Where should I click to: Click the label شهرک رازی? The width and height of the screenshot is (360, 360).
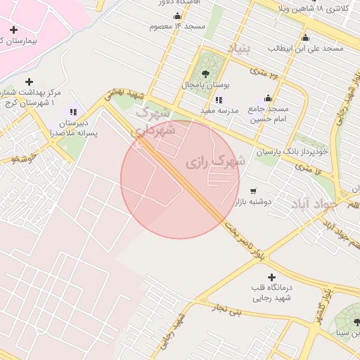(x=216, y=162)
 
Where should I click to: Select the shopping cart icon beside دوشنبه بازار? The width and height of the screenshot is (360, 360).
(x=253, y=191)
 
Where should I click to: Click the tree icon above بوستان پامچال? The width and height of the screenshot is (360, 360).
(x=205, y=73)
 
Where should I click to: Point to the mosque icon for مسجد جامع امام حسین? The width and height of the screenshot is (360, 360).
(x=267, y=98)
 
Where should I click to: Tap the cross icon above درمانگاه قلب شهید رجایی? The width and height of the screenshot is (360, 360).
(x=271, y=278)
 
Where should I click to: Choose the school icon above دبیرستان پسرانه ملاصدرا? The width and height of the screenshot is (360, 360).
(x=72, y=112)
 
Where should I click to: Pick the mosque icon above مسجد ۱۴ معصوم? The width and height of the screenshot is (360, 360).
(x=176, y=16)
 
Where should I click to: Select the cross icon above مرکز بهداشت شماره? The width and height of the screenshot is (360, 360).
(x=29, y=82)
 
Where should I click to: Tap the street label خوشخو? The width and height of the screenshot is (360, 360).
(x=25, y=160)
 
